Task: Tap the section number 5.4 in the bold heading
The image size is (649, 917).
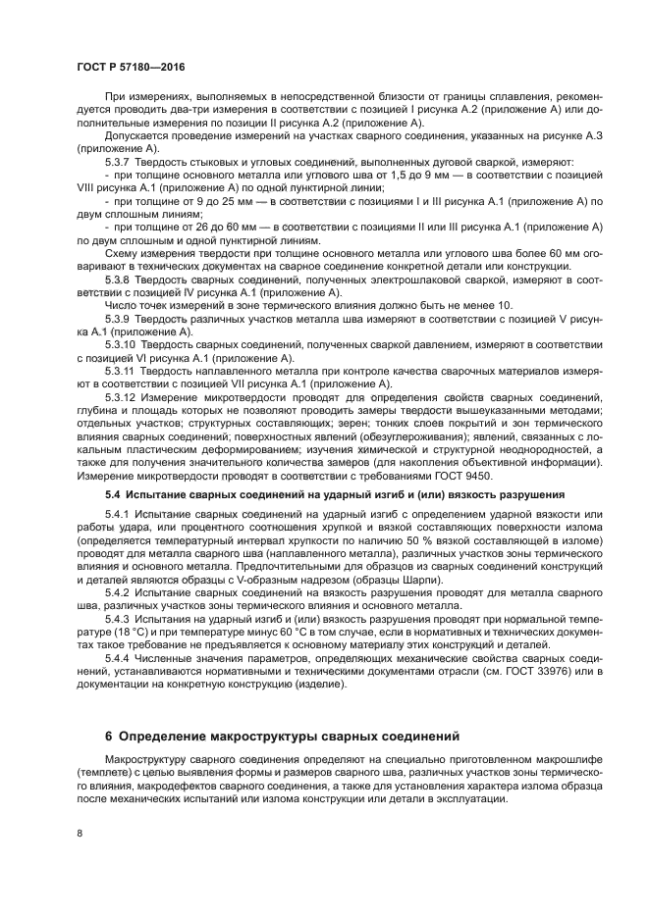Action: tap(112, 496)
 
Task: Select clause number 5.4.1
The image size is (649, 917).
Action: tap(118, 516)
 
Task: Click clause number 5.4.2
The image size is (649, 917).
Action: tap(118, 594)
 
